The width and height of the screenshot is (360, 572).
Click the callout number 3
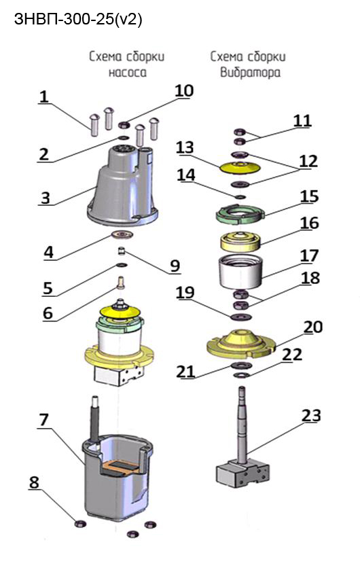point(46,198)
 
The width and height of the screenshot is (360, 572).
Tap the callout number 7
point(43,420)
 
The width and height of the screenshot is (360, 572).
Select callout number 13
point(185,147)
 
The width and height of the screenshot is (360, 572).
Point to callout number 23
point(311,416)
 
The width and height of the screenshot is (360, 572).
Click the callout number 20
point(313,327)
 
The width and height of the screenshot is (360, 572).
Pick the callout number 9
point(175,266)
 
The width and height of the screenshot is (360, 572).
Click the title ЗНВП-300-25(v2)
point(78,19)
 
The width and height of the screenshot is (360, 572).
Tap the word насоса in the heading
point(127,72)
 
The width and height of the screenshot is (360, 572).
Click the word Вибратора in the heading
point(250,72)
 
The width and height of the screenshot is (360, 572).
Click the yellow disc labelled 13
point(240,168)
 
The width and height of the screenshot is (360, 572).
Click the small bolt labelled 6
point(120,283)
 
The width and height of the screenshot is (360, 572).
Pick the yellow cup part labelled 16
point(240,240)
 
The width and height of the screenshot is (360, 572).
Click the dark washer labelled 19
point(240,317)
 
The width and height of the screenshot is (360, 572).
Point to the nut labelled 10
point(125,125)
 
